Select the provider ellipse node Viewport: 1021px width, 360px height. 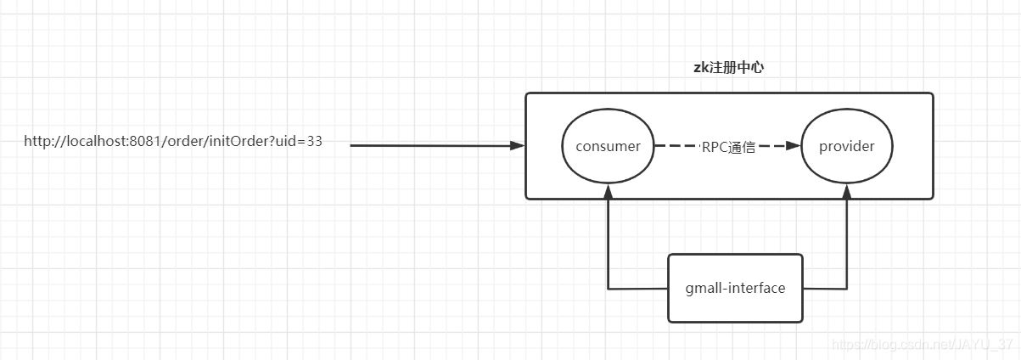(x=846, y=146)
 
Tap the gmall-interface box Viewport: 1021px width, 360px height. (x=735, y=288)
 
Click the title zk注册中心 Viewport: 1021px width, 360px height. (x=728, y=67)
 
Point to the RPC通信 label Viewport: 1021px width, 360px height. (x=727, y=146)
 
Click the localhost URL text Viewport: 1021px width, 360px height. (x=173, y=142)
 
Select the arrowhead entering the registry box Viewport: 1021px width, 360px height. (x=518, y=146)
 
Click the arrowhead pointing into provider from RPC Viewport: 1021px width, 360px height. (x=794, y=146)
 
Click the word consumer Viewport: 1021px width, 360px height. (x=608, y=146)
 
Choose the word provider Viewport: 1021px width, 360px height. (x=846, y=146)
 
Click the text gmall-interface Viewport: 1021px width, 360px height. (x=735, y=288)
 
